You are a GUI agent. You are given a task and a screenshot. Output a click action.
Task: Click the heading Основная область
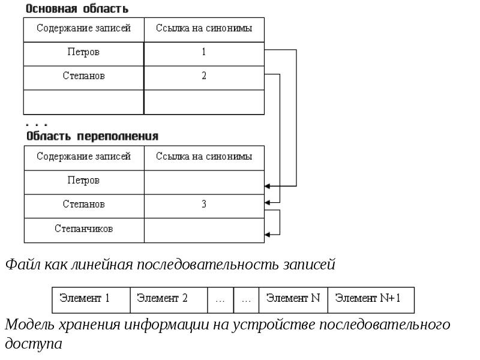[77, 8]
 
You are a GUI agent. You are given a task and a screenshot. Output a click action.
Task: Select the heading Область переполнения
[92, 136]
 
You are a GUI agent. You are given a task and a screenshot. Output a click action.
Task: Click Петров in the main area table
[83, 52]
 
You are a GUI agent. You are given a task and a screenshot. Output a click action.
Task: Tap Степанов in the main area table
[84, 76]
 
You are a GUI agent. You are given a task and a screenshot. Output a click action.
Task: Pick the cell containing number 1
[204, 54]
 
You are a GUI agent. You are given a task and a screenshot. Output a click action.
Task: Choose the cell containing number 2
[204, 78]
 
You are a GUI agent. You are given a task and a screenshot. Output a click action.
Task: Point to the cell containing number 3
[204, 206]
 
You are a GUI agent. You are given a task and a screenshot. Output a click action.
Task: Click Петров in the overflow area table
[83, 180]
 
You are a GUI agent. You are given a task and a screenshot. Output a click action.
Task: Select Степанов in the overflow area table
[84, 204]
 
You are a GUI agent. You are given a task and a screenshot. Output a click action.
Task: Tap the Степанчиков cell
[84, 230]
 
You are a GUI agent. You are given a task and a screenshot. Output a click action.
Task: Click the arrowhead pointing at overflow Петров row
[267, 186]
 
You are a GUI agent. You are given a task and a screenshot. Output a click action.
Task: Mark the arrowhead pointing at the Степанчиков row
[267, 235]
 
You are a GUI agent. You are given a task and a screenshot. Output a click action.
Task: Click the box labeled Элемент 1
[91, 300]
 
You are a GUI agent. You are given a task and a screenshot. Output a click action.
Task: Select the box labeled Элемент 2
[169, 300]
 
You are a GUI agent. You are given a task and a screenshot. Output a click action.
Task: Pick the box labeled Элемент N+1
[371, 300]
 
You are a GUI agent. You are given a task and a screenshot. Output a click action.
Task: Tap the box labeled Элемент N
[293, 300]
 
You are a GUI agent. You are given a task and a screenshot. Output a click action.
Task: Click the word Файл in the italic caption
[23, 264]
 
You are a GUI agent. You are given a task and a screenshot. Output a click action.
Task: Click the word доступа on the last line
[34, 344]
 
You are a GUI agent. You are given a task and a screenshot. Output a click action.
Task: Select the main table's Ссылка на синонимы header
[204, 28]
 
